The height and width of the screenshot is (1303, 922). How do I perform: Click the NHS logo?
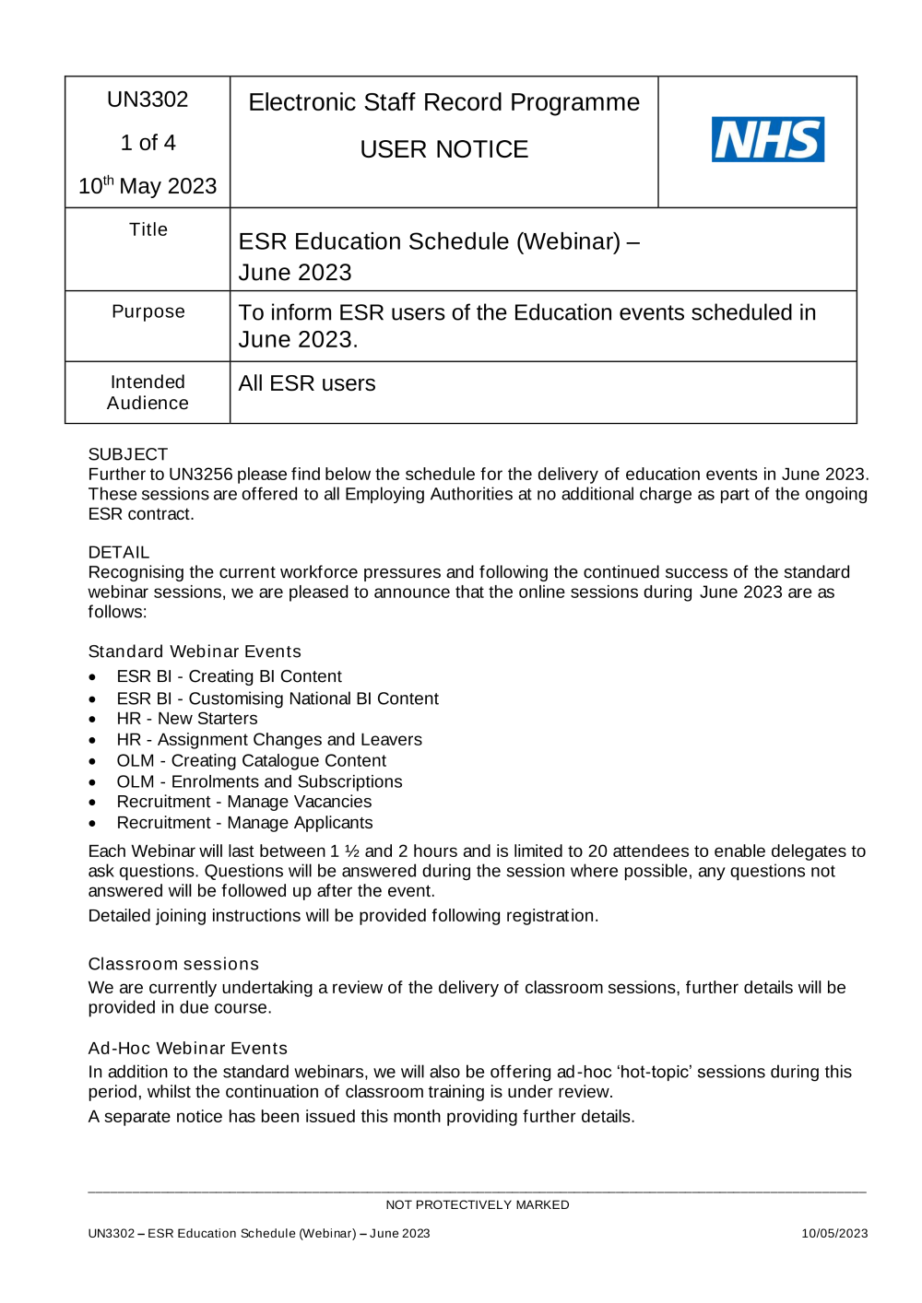click(767, 139)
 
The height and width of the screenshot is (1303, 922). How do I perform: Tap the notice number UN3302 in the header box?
click(148, 100)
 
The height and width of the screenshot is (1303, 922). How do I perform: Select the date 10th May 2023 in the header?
click(148, 186)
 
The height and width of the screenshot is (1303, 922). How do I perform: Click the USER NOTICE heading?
click(443, 149)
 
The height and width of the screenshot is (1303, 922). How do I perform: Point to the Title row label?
click(148, 229)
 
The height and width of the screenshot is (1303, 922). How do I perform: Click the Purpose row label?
click(148, 311)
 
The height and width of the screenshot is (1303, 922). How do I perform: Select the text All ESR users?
click(307, 383)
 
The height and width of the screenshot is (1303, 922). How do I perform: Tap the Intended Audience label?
click(148, 393)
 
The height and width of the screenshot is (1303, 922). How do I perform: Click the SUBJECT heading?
click(128, 454)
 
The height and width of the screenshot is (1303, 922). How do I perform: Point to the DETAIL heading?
click(119, 552)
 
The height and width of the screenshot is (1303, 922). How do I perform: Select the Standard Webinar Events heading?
click(195, 651)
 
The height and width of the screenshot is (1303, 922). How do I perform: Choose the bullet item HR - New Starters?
click(187, 719)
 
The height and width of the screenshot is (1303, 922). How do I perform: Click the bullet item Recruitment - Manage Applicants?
click(244, 823)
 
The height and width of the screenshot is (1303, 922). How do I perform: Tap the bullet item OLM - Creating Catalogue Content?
click(251, 760)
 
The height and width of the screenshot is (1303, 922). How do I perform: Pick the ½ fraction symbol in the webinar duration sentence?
click(351, 851)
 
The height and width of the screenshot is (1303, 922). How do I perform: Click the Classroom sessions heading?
click(173, 964)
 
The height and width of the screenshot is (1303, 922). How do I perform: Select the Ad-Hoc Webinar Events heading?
click(188, 1049)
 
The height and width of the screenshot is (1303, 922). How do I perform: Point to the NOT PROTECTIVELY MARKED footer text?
click(477, 1205)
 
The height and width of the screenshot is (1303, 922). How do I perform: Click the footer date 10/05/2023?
click(833, 1234)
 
